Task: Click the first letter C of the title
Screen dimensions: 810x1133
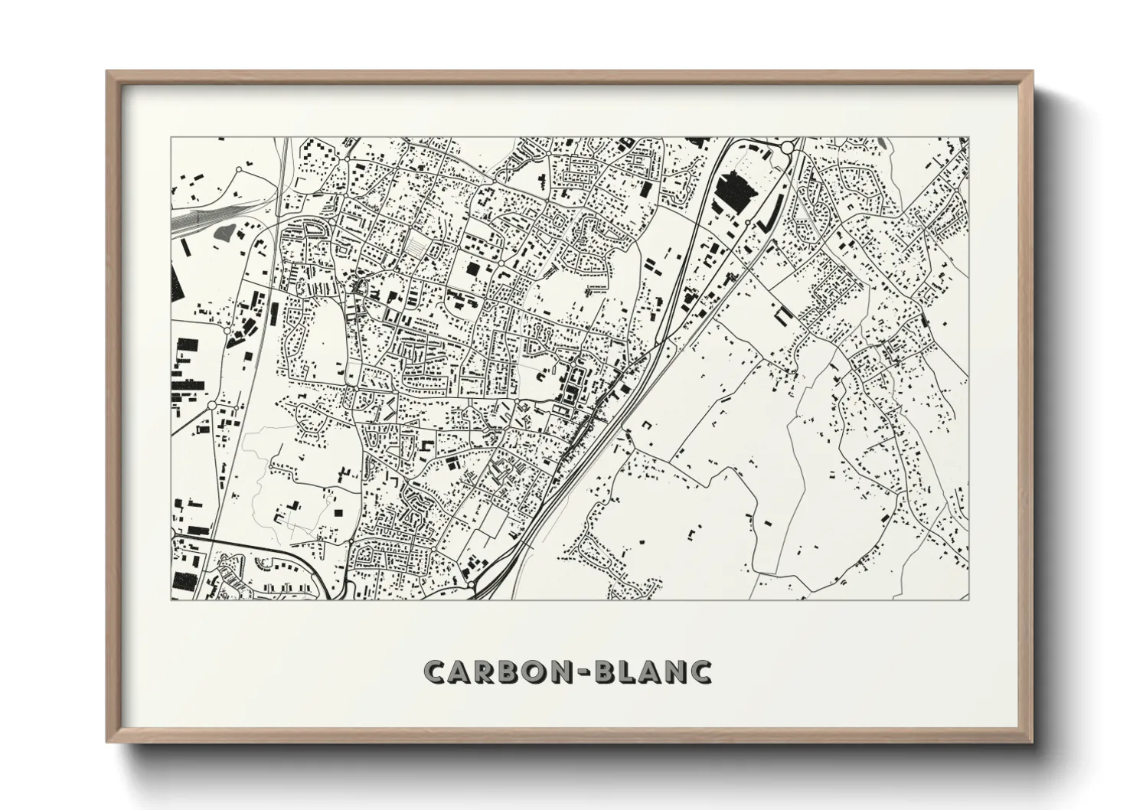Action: click(437, 671)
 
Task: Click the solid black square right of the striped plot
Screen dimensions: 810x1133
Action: click(472, 269)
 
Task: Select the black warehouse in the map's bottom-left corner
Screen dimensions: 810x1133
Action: click(184, 580)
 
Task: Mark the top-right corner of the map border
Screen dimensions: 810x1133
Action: click(968, 138)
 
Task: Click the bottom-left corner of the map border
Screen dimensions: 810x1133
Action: click(171, 599)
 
